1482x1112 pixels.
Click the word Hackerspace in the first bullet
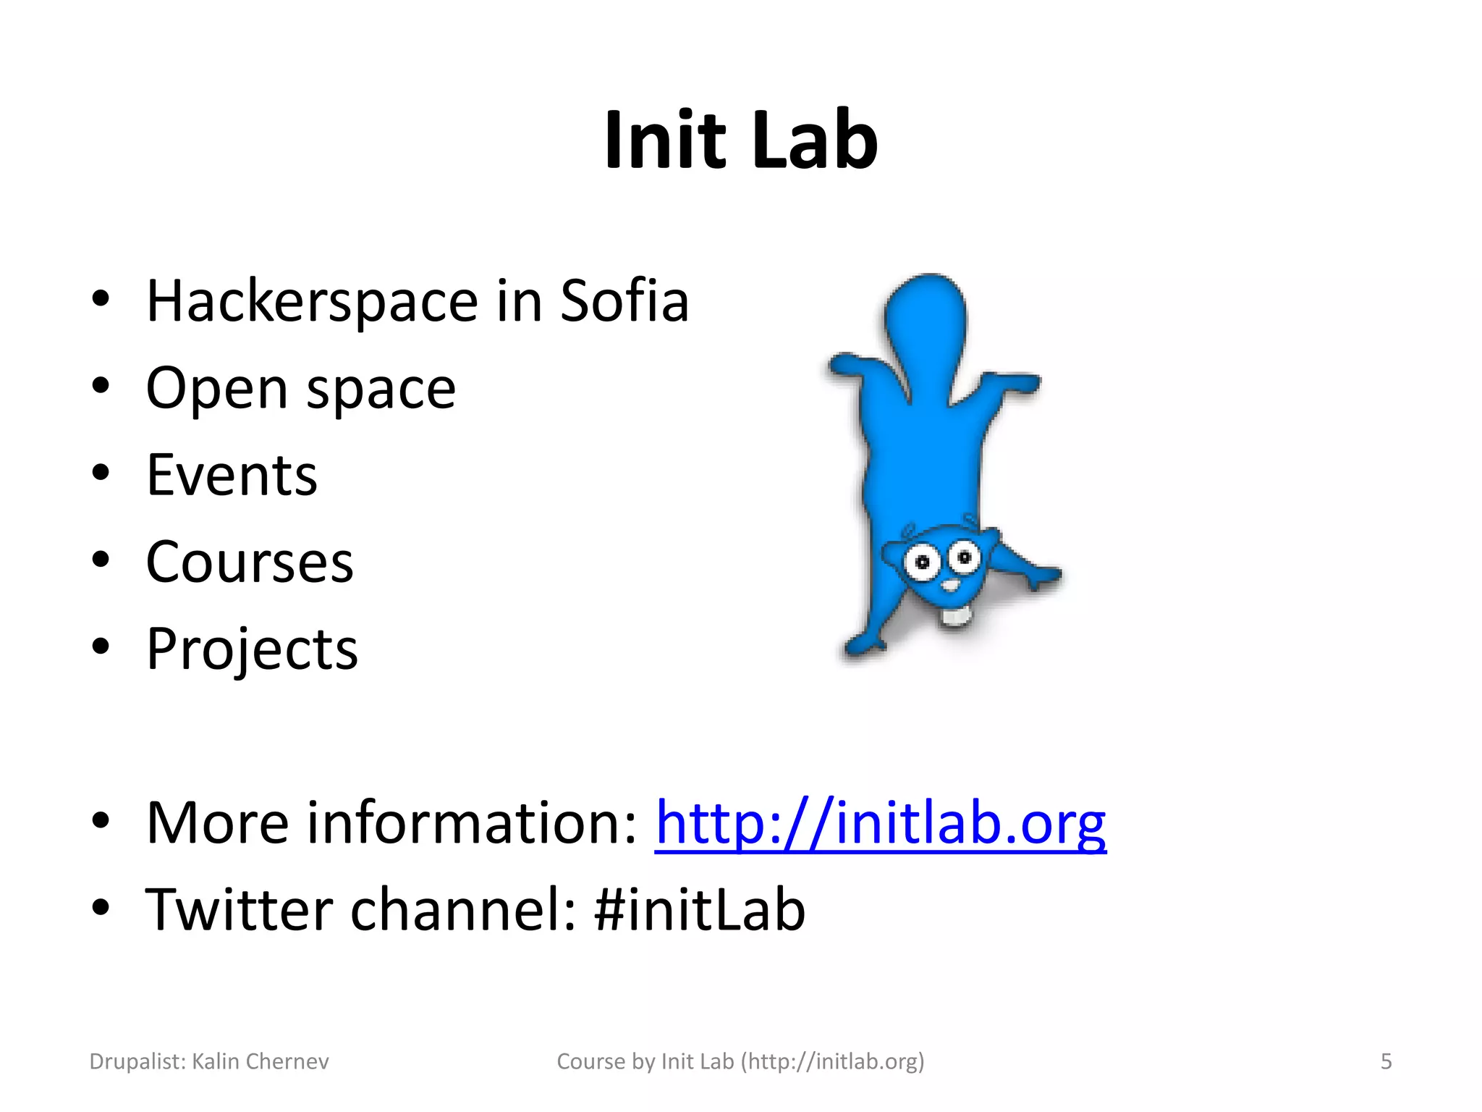tap(312, 301)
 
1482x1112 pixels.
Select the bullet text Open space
tap(300, 389)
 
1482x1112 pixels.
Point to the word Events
tap(232, 476)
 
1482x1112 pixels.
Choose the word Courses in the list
tap(250, 563)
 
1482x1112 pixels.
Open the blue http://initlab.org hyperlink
tap(880, 823)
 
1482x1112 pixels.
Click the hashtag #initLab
tap(699, 910)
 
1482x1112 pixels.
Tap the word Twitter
tap(240, 910)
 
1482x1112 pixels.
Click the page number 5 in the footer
tap(1386, 1061)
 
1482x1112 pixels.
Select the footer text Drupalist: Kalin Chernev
tap(209, 1061)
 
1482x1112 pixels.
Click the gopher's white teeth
tap(955, 616)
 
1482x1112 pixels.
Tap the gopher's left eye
tap(922, 563)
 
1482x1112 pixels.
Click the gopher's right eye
tap(964, 557)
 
